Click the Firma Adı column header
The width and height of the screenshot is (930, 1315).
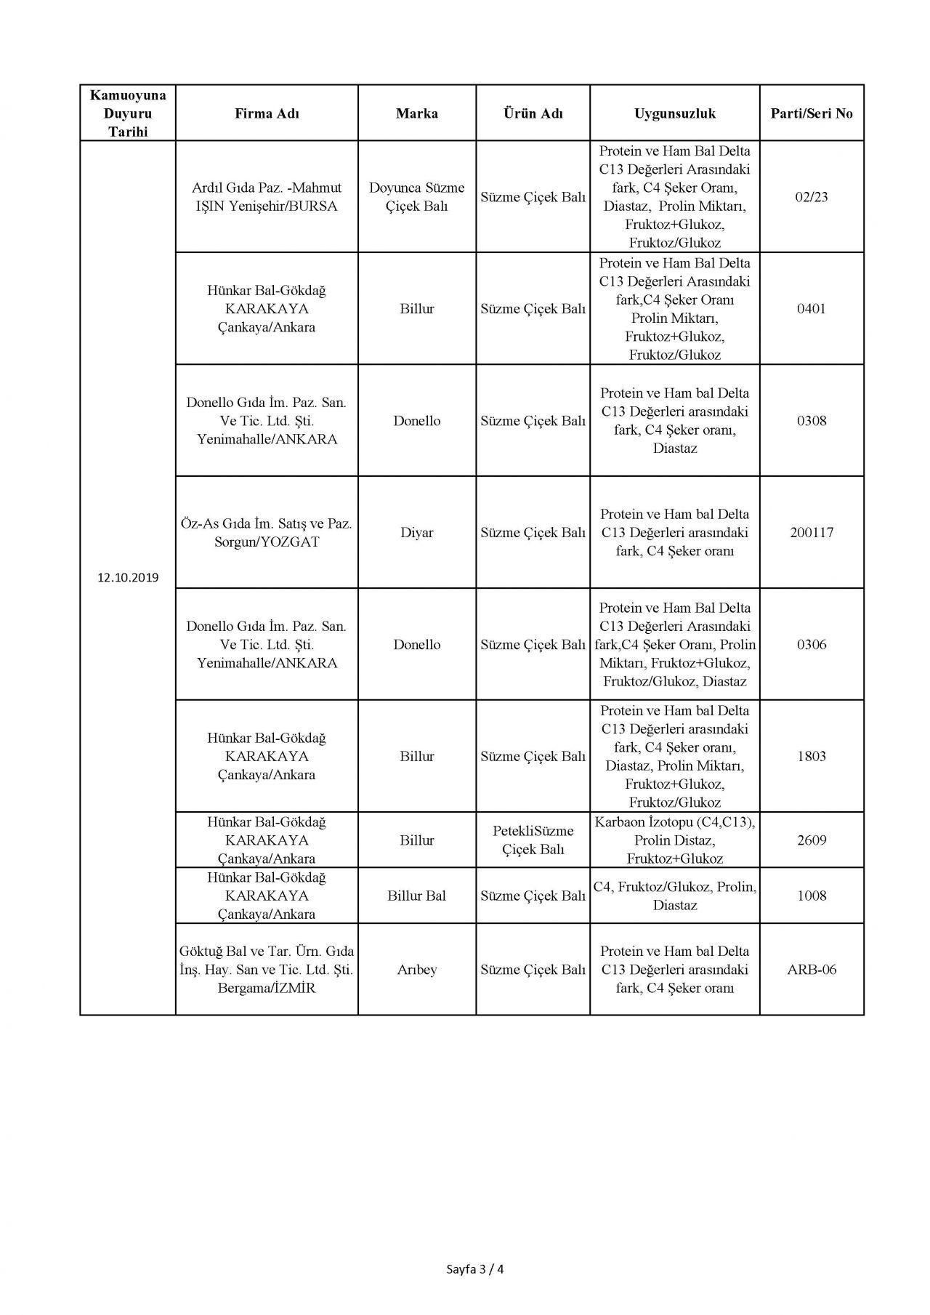click(x=267, y=113)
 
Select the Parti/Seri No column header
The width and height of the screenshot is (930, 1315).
click(x=812, y=113)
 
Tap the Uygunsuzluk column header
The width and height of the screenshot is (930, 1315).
click(x=675, y=113)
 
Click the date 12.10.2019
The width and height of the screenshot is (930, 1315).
click(x=128, y=579)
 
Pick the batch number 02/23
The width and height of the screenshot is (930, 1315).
click(x=812, y=197)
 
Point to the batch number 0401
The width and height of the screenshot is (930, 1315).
click(x=812, y=309)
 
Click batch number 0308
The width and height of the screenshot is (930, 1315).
click(x=812, y=421)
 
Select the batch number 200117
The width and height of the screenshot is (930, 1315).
click(x=812, y=533)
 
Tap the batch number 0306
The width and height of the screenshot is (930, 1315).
click(x=812, y=645)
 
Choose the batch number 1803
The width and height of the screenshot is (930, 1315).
click(x=812, y=757)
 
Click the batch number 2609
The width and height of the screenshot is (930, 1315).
click(x=812, y=840)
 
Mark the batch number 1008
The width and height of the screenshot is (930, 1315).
click(x=812, y=896)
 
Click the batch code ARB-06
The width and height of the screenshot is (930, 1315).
click(x=812, y=970)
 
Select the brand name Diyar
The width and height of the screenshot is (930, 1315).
click(x=416, y=533)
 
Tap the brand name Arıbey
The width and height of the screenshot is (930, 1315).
click(x=416, y=970)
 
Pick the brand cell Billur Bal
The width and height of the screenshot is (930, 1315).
click(x=416, y=896)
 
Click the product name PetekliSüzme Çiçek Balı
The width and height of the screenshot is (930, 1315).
click(x=533, y=840)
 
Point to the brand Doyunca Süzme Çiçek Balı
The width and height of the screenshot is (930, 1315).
click(x=416, y=197)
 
